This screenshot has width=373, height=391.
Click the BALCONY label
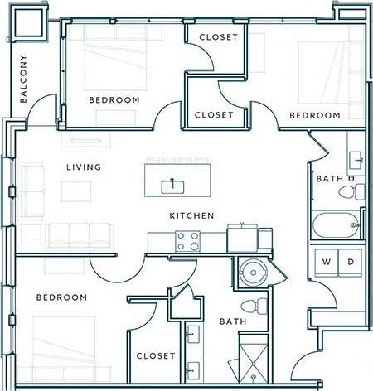pos(23,80)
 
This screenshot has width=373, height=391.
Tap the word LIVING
pos(84,167)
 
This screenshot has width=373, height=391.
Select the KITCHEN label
pos(192,215)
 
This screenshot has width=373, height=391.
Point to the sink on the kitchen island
pos(173,185)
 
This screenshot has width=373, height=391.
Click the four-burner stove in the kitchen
pos(187,241)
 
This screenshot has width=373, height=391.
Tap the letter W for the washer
pos(326,263)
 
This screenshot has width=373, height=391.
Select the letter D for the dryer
pos(350,263)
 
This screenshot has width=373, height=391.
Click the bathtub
pos(337,224)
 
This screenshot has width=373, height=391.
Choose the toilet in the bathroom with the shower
pos(259,306)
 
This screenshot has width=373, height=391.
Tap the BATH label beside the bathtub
pos(328,179)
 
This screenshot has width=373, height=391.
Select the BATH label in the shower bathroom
pos(232,321)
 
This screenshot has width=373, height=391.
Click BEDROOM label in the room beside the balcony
pos(114,100)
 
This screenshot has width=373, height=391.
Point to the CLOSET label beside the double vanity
pos(155,355)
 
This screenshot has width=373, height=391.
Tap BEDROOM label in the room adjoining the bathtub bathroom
pos(314,115)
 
